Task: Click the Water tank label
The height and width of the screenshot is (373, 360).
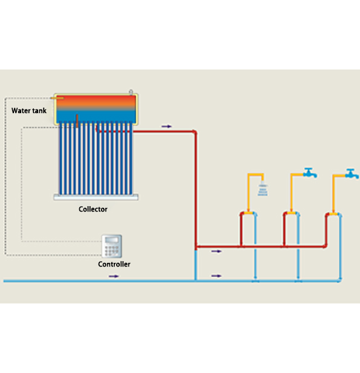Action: [29, 111]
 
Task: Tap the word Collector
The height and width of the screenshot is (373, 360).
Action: [93, 209]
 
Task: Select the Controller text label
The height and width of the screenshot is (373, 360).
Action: [114, 264]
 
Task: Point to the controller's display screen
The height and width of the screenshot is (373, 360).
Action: [112, 240]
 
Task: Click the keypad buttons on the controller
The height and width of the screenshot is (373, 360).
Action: [112, 251]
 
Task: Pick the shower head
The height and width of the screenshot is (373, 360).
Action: [263, 190]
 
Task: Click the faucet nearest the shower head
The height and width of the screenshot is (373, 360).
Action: [310, 173]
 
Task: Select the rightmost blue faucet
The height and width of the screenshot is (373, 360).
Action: [352, 174]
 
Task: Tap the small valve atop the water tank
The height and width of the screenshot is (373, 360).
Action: [131, 92]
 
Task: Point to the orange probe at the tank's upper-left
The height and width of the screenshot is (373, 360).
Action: [57, 98]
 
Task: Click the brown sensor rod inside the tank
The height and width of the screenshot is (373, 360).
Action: [77, 121]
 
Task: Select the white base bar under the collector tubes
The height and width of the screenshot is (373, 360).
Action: [96, 197]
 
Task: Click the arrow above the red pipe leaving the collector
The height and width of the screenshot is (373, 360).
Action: [166, 126]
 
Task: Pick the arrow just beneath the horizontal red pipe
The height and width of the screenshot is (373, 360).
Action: [216, 251]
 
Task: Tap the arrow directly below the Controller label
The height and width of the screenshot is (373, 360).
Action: [114, 276]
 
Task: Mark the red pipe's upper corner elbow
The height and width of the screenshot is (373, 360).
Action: [195, 132]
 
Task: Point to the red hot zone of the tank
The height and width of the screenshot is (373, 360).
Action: [96, 100]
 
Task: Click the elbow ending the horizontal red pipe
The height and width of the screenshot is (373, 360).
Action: [326, 246]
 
